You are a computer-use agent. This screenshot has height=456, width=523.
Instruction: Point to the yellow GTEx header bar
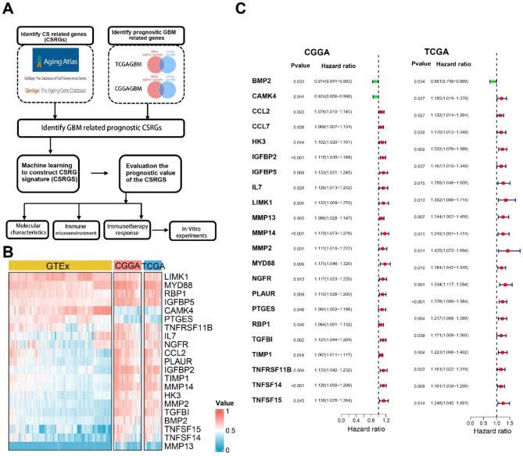60,265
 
